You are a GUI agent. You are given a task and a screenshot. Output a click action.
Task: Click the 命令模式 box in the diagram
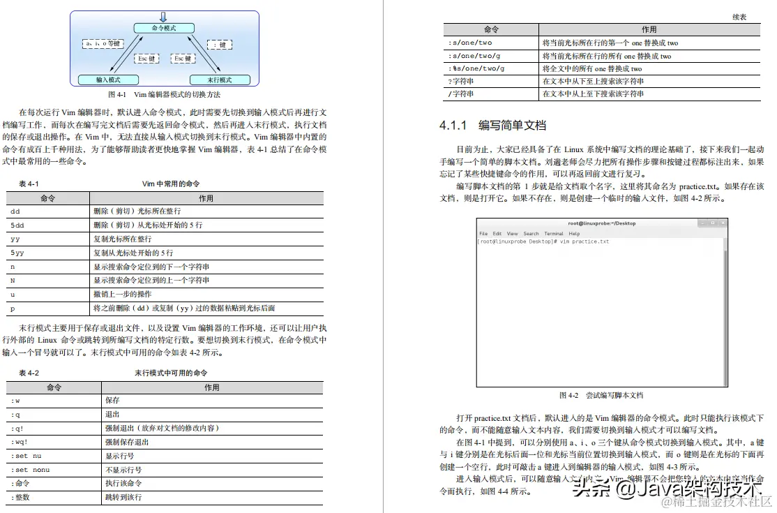pos(163,28)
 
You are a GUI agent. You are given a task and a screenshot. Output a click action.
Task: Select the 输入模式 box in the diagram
pos(108,80)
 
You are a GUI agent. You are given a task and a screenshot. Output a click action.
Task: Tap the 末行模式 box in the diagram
pos(220,80)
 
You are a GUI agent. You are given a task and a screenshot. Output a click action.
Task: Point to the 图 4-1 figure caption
pos(164,94)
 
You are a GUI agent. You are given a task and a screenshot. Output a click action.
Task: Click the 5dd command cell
pos(17,225)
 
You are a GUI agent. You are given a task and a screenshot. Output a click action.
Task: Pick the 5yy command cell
pos(17,253)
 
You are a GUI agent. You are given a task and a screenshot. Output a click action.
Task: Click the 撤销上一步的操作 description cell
pos(122,294)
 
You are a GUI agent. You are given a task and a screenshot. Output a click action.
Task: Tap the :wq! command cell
pos(20,442)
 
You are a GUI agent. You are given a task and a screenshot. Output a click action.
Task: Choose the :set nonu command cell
pos(31,470)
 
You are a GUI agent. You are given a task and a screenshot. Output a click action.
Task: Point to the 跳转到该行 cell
pos(123,497)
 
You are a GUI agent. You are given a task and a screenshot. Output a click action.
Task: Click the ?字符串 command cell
pos(461,81)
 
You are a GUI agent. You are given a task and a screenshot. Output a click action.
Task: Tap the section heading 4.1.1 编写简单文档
pos(492,126)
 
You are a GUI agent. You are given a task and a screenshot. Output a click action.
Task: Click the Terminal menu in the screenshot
pos(554,233)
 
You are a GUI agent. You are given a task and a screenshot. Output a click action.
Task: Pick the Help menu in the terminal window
pos(574,233)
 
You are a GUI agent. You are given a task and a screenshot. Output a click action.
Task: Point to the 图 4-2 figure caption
pos(601,395)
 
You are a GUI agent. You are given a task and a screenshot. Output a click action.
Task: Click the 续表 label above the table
pos(739,16)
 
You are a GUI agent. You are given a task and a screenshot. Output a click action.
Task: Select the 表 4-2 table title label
pos(29,373)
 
